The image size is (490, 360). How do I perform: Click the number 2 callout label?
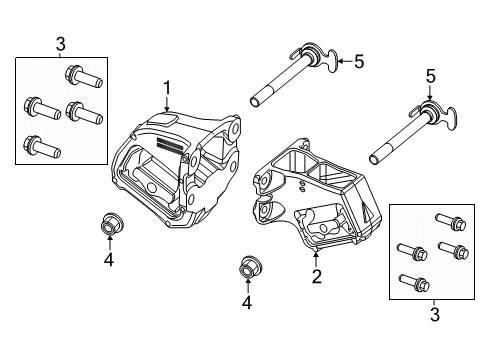click(316, 276)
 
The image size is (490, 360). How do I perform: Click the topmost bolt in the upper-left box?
click(77, 74)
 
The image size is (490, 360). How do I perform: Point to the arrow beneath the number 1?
click(168, 102)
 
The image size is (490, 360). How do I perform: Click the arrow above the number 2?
click(316, 258)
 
